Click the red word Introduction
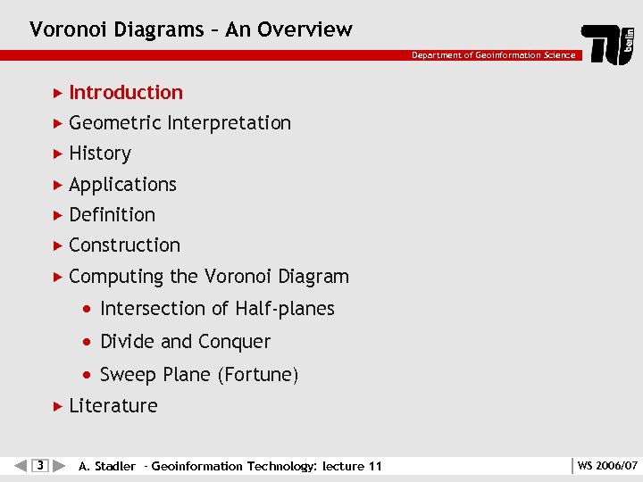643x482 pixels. [x=125, y=93]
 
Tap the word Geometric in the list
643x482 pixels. [x=114, y=123]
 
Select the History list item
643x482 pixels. [x=99, y=154]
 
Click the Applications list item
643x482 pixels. [x=122, y=185]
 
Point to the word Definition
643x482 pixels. [x=112, y=215]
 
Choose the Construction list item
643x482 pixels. [x=124, y=245]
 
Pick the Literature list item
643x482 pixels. [x=113, y=406]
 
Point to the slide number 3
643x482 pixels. [x=39, y=465]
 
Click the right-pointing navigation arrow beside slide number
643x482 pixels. [x=58, y=465]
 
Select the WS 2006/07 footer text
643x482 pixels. [x=607, y=466]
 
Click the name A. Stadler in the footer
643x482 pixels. [x=107, y=466]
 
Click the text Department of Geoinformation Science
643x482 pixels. [x=493, y=55]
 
